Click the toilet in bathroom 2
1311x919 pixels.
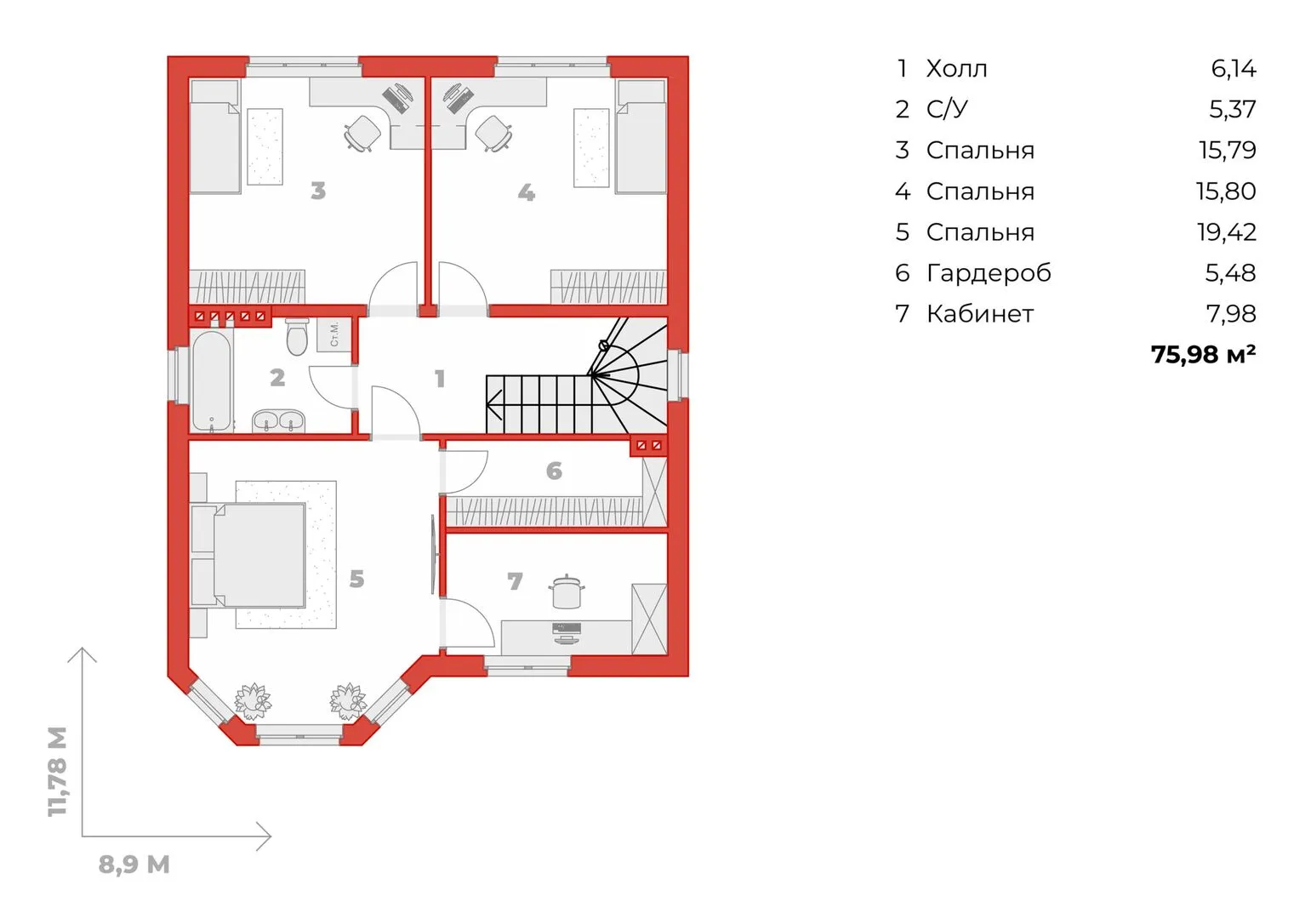pos(297,338)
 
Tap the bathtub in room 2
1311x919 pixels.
pos(212,382)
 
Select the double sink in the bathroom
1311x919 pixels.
pos(278,421)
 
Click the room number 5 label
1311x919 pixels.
pos(356,579)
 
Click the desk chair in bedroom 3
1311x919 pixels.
pos(362,134)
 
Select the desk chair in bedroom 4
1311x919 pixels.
pos(493,134)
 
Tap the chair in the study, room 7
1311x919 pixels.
pos(566,591)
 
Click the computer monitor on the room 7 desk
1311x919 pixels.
pos(567,628)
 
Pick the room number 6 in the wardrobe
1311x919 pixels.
pos(554,471)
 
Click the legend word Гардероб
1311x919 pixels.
pos(989,273)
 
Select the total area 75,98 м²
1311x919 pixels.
pos(1203,354)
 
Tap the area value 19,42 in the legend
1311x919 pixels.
pos(1227,232)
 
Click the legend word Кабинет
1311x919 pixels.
pos(980,314)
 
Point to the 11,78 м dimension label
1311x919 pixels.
pos(57,771)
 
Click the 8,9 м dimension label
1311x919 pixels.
pos(134,864)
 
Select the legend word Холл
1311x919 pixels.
pos(957,69)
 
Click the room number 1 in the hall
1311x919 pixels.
pos(440,379)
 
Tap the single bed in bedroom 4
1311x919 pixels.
pos(641,136)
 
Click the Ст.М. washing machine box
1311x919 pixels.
pos(334,334)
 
